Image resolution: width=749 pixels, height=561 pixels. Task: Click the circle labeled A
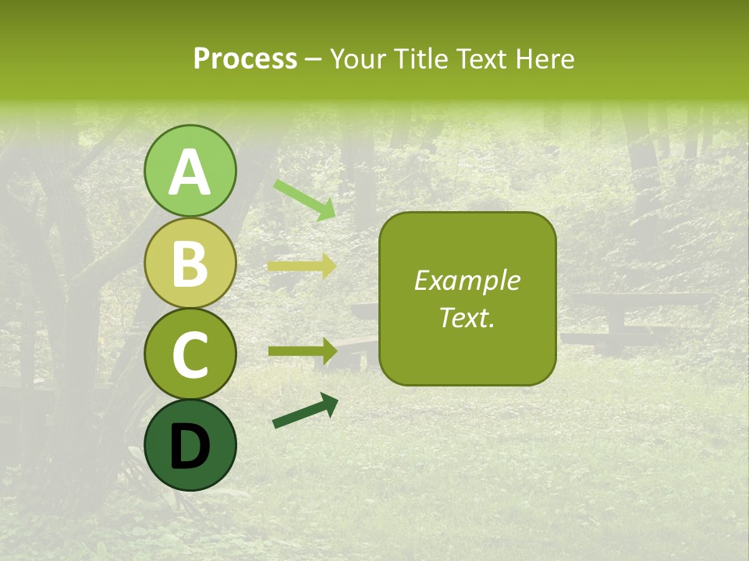point(190,171)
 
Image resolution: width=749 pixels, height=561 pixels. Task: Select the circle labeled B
point(190,263)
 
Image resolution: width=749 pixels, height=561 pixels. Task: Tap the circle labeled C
point(190,354)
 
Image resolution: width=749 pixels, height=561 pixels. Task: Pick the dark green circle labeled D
point(190,445)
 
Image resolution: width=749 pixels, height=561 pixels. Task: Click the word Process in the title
point(245,58)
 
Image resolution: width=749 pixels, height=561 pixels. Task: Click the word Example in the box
point(467,280)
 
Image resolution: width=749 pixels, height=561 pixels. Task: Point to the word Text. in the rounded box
point(467,317)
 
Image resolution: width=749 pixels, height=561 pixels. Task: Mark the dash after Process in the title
point(314,59)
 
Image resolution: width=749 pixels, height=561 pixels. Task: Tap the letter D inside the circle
point(190,446)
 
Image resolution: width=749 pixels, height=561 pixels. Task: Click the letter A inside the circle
point(190,172)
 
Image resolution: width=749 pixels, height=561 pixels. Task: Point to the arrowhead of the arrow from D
point(329,403)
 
